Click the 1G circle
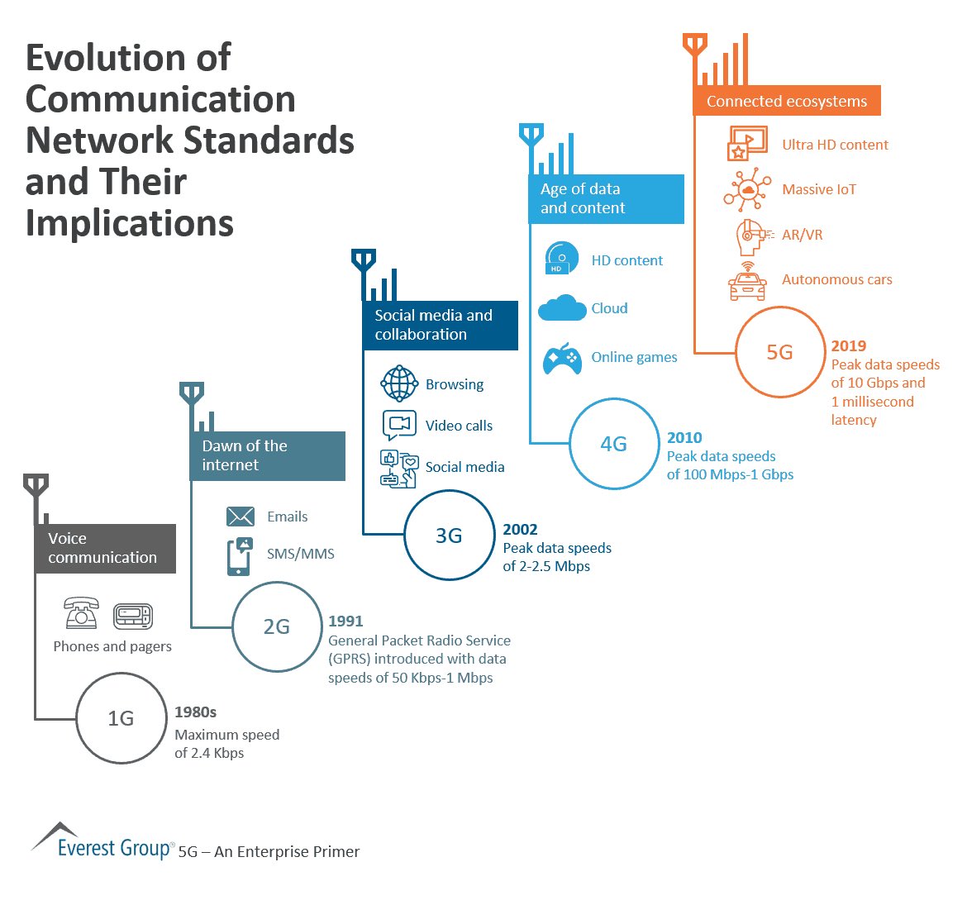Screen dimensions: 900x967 tap(121, 718)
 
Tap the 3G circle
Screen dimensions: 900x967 tap(449, 536)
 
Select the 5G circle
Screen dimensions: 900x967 tap(779, 352)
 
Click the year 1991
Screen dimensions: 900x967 tap(345, 621)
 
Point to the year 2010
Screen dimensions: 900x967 tap(684, 437)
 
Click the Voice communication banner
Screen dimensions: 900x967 tap(105, 548)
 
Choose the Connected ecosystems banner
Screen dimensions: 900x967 tap(786, 101)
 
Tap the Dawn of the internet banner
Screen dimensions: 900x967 tap(268, 455)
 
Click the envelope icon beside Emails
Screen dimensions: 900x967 tap(240, 517)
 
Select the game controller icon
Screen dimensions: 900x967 tap(562, 358)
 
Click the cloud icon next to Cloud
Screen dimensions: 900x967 tap(562, 308)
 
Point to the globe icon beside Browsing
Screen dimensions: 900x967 tap(400, 383)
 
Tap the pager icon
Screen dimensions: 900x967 tap(133, 616)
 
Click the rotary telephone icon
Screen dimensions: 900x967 tap(81, 614)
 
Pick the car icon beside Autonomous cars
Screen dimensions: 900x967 tap(747, 282)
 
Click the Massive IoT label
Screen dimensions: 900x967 tap(818, 189)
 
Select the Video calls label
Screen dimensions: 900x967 tap(459, 426)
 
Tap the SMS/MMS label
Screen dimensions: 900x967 tap(300, 554)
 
